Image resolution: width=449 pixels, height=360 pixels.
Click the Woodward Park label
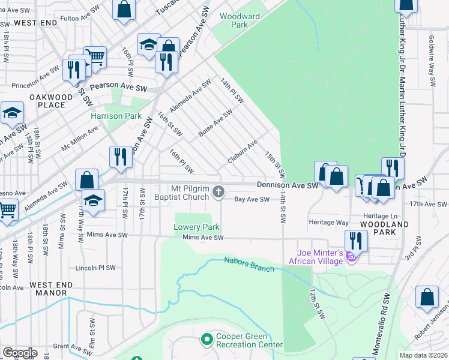coord(234,21)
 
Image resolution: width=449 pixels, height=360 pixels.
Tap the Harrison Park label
coord(116,116)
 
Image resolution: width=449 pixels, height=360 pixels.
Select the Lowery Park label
coord(197,227)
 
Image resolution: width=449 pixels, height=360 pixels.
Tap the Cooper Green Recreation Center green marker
coord(206,340)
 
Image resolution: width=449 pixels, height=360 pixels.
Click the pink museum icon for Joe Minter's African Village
coord(352,257)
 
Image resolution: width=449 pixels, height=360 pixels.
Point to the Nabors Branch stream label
coord(249,264)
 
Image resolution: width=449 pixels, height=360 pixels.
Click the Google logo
coord(20,353)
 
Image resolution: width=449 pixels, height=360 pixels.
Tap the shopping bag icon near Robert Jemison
coord(427,298)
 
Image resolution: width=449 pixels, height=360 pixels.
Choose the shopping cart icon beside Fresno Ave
coord(7,211)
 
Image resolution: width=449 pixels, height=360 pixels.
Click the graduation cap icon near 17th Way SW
coord(93,200)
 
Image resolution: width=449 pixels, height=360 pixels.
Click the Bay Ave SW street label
coord(251,199)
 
